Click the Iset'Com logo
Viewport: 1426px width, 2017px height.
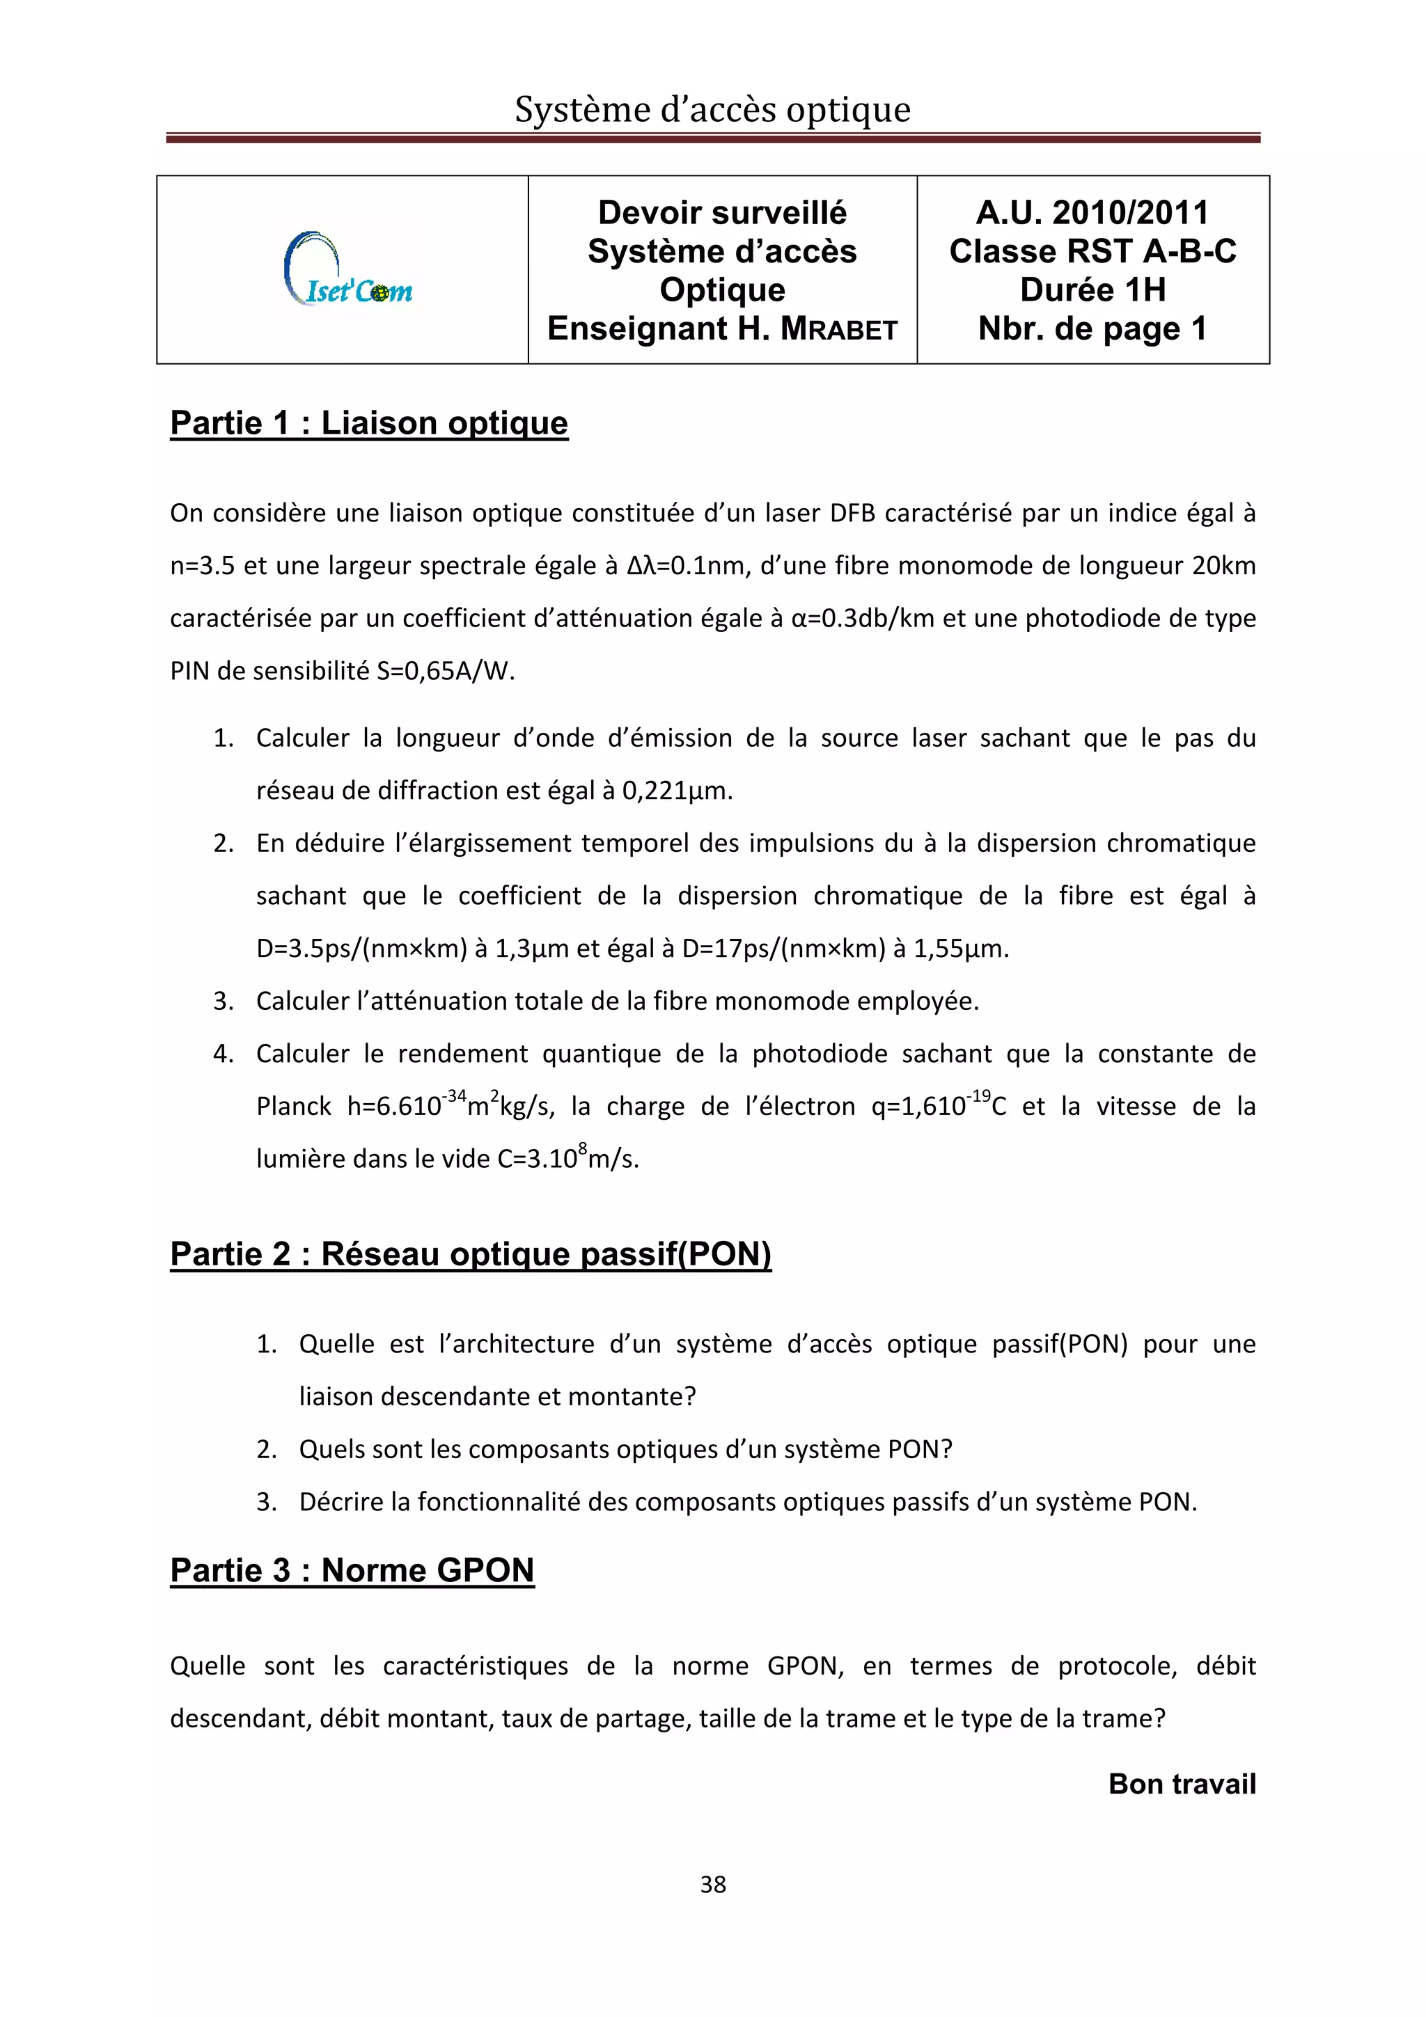click(x=349, y=269)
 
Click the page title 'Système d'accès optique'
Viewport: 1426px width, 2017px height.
click(x=712, y=110)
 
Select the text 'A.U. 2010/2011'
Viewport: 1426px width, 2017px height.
click(x=1092, y=212)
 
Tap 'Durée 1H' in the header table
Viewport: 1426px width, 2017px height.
click(x=1092, y=290)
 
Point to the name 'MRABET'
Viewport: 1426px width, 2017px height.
click(x=839, y=329)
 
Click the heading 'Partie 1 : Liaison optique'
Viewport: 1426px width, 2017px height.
click(x=369, y=423)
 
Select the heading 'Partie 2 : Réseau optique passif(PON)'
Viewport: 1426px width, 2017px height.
click(x=470, y=1253)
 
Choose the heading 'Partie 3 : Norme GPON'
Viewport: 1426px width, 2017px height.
click(x=352, y=1570)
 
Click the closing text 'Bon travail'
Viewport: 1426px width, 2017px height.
click(x=1182, y=1785)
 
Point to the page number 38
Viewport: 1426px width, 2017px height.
click(x=712, y=1884)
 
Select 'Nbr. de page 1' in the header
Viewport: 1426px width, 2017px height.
click(x=1092, y=329)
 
